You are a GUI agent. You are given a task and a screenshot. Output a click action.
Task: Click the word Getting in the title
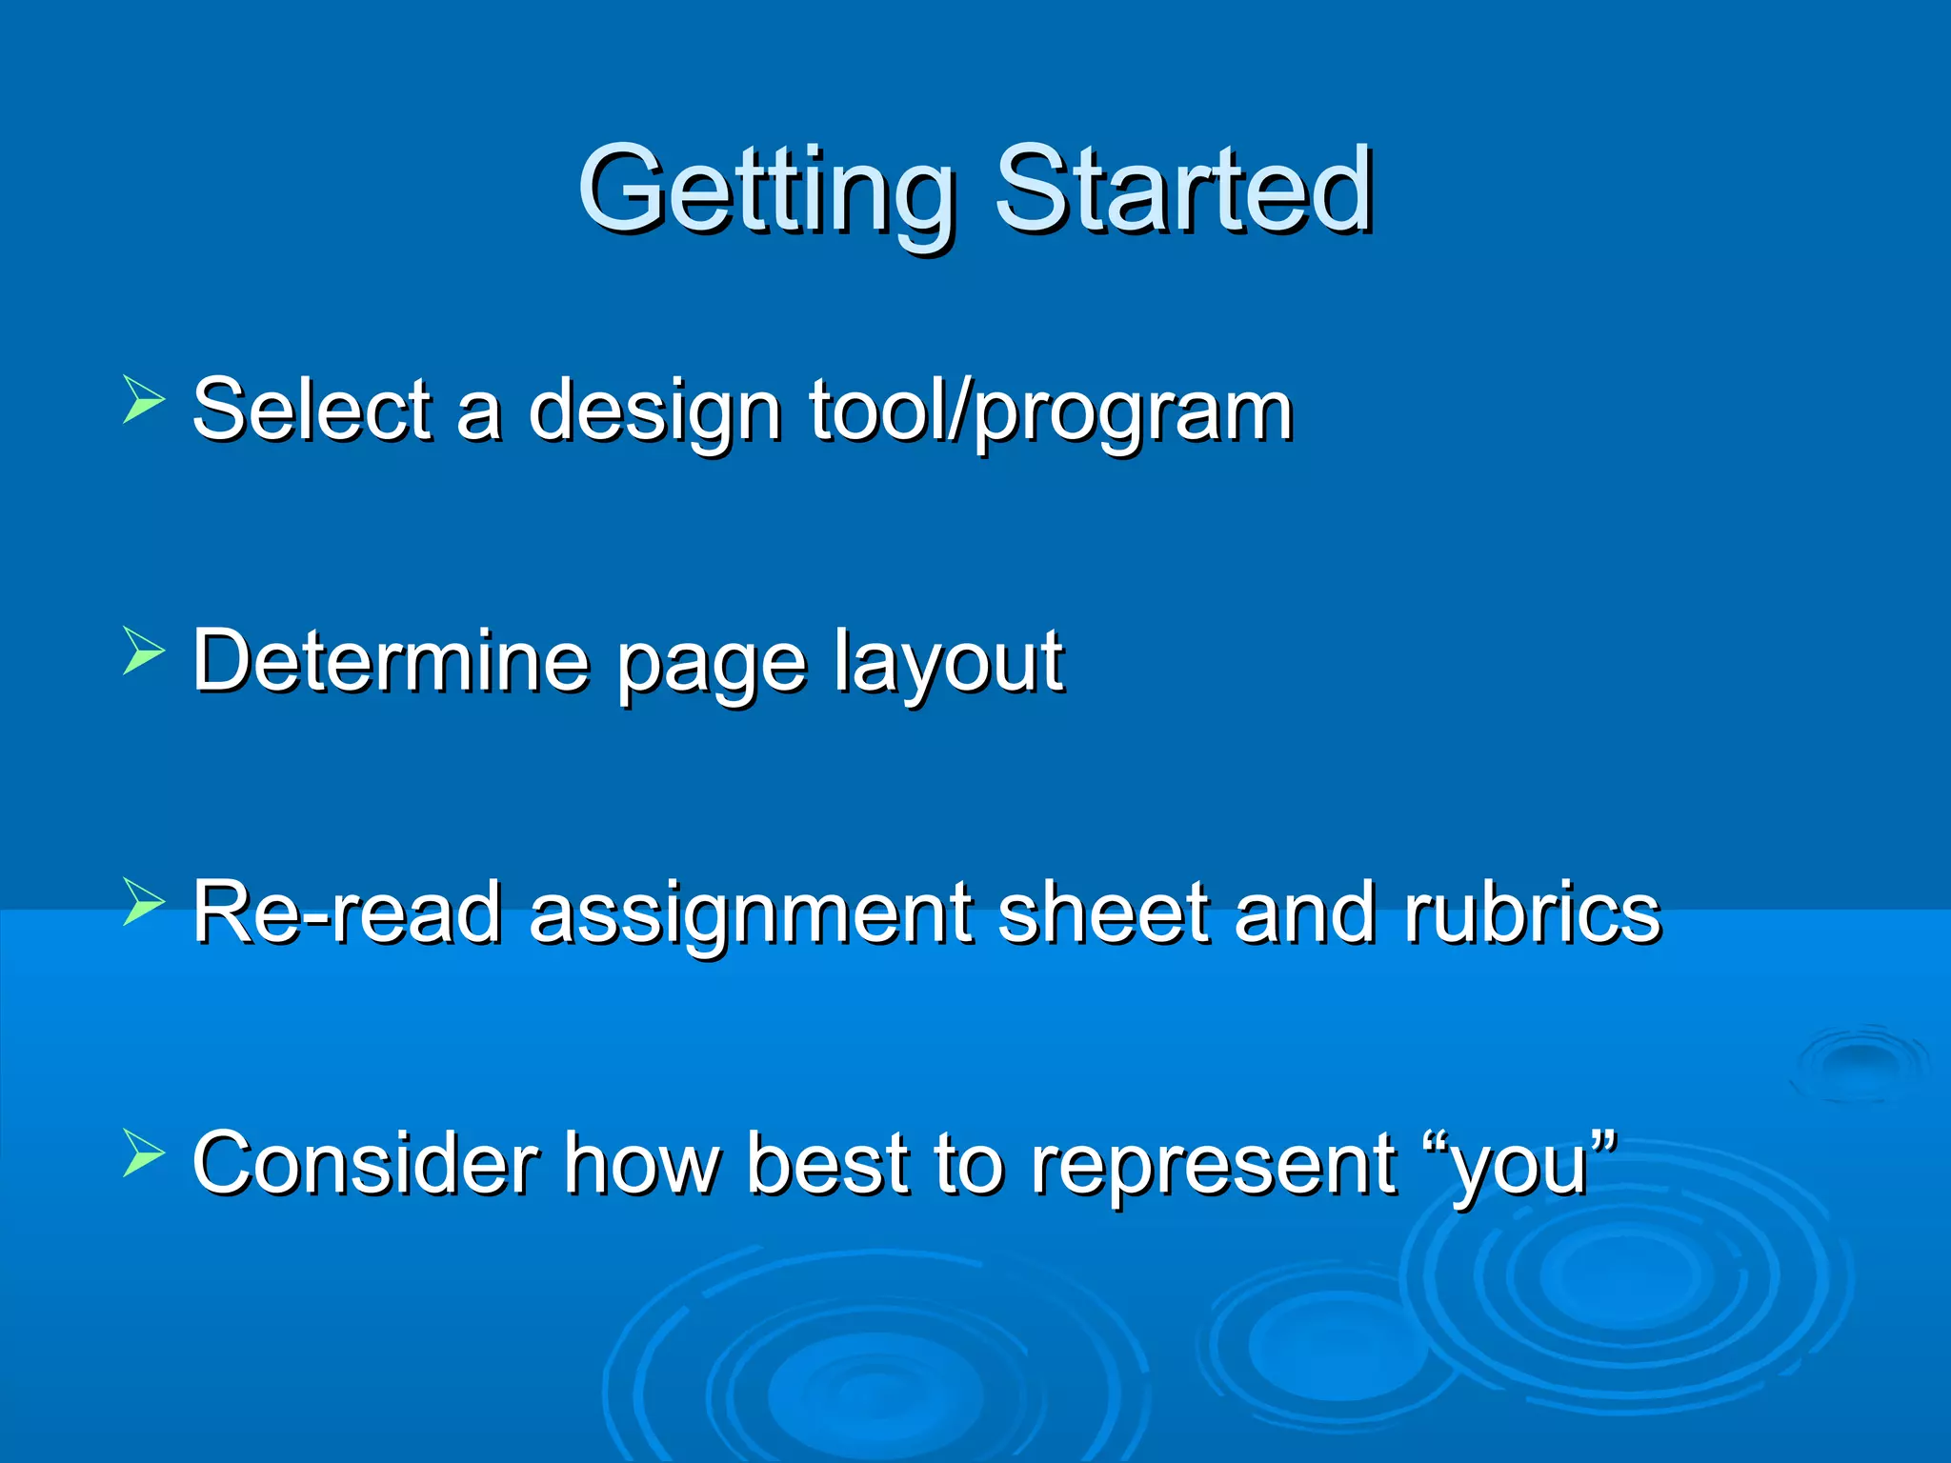coord(767,190)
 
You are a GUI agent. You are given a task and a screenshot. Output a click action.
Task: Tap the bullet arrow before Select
coord(144,399)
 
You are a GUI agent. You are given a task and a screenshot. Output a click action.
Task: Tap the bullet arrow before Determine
coord(144,651)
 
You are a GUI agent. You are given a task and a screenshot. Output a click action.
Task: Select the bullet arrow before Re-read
coord(144,902)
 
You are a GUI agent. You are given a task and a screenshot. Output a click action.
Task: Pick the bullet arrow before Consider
coord(144,1153)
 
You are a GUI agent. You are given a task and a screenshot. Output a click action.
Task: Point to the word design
coord(654,411)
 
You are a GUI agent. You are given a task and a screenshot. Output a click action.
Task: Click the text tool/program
coord(1051,411)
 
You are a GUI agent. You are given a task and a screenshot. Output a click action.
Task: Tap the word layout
coord(948,662)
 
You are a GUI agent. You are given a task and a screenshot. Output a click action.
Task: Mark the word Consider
coord(365,1163)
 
